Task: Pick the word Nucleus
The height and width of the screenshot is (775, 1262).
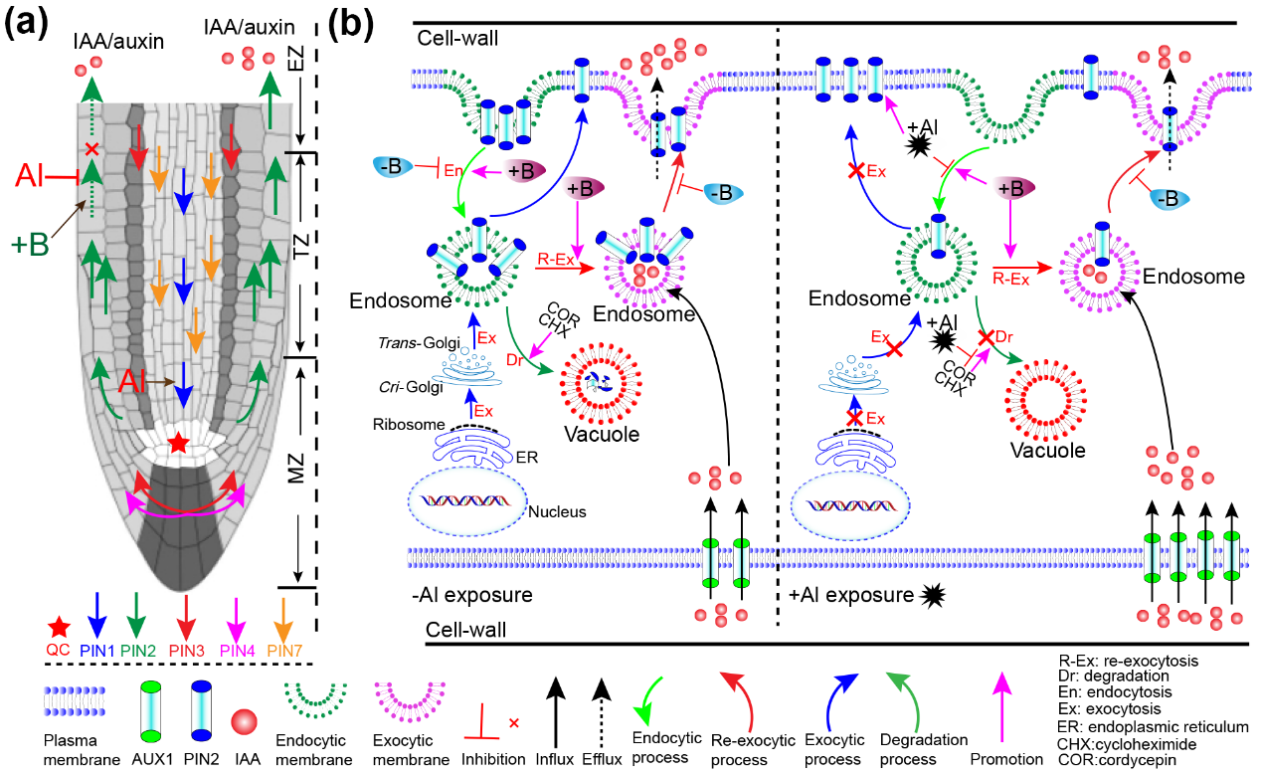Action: point(558,512)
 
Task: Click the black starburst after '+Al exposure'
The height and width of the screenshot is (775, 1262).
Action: point(934,597)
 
